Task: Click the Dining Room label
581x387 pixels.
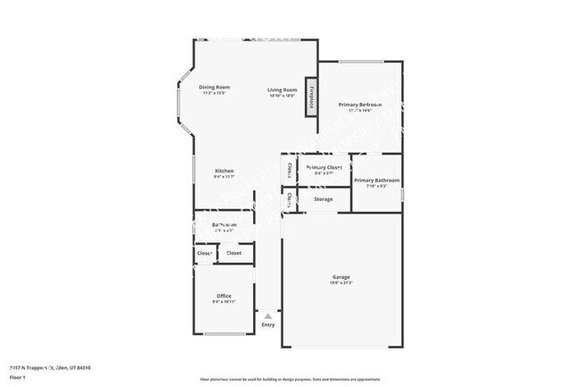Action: coord(215,87)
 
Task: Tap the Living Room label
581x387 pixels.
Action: coord(282,89)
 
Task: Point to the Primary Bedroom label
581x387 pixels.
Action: coord(360,105)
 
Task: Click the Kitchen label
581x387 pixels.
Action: coord(224,171)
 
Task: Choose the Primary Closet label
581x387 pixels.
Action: coord(324,167)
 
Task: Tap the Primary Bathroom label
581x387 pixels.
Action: coord(375,180)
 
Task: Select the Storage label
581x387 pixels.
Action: coord(324,198)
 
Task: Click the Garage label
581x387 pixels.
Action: coord(342,277)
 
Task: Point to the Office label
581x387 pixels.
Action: coord(224,296)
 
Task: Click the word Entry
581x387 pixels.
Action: coord(268,324)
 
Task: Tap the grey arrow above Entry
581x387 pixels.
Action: coord(268,315)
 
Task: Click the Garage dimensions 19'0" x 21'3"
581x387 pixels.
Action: coord(342,283)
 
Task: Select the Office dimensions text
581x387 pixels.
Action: coord(224,302)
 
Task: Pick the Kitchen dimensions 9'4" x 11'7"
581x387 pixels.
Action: coord(224,177)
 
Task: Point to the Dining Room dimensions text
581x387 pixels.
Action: coord(215,93)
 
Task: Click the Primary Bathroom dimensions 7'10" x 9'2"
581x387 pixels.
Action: coord(375,186)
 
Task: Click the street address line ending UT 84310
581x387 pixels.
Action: coord(49,367)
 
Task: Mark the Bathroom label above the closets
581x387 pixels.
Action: coord(223,224)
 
